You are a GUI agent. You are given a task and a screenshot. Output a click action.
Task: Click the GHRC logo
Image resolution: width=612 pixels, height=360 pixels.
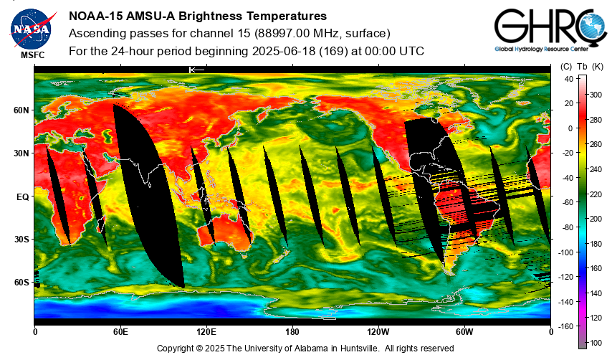pyautogui.click(x=550, y=29)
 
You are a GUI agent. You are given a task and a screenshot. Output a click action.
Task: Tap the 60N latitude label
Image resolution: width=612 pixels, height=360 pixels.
pyautogui.click(x=21, y=110)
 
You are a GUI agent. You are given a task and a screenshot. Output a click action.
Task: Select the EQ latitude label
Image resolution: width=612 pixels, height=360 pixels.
pyautogui.click(x=23, y=197)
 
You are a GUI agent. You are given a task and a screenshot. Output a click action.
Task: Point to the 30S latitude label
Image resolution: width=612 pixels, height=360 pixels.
pyautogui.click(x=21, y=240)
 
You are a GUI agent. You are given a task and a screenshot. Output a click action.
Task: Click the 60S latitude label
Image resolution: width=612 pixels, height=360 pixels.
pyautogui.click(x=21, y=283)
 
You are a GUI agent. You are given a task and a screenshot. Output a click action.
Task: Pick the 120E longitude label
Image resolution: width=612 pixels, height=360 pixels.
pyautogui.click(x=206, y=332)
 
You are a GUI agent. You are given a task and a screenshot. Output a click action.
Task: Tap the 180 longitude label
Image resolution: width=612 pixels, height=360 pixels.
pyautogui.click(x=292, y=332)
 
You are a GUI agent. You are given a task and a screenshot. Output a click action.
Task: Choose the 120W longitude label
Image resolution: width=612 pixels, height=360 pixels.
pyautogui.click(x=378, y=332)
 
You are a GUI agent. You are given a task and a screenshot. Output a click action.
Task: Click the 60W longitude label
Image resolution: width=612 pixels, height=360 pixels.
pyautogui.click(x=464, y=332)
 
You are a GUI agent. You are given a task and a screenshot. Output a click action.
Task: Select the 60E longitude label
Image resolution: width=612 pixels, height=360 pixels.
pyautogui.click(x=120, y=332)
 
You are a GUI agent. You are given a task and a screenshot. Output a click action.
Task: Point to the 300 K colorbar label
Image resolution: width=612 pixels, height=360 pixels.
pyautogui.click(x=596, y=95)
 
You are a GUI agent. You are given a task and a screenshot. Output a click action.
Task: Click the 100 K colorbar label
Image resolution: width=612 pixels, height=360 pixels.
pyautogui.click(x=596, y=343)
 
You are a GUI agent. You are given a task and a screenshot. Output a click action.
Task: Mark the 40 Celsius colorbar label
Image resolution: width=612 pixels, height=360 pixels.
pyautogui.click(x=569, y=79)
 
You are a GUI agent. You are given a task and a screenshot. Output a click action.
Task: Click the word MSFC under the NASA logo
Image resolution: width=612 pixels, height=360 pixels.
pyautogui.click(x=33, y=55)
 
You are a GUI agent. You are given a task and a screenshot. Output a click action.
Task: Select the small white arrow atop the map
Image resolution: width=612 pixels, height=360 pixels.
pyautogui.click(x=196, y=70)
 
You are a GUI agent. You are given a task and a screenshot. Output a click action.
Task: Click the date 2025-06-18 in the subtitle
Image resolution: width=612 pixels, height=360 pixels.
pyautogui.click(x=284, y=51)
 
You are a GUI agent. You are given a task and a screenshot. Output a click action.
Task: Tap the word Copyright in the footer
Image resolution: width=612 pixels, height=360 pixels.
pyautogui.click(x=174, y=349)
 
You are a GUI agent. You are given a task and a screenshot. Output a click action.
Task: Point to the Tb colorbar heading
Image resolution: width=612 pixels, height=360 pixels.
pyautogui.click(x=582, y=67)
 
